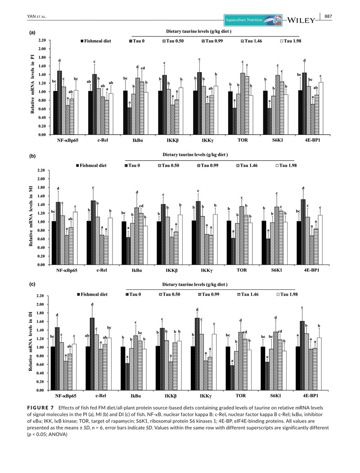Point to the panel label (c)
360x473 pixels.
pos(32,284)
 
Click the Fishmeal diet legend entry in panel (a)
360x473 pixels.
pos(99,41)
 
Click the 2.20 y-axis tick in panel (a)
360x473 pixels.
pos(42,40)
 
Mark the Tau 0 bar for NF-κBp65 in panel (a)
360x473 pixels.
pos(59,103)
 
